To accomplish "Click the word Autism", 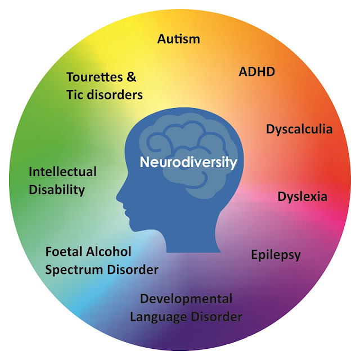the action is pyautogui.click(x=178, y=39).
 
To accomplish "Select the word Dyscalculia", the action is pyautogui.click(x=299, y=129).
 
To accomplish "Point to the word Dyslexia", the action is pyautogui.click(x=302, y=197).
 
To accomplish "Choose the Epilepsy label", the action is pyautogui.click(x=276, y=255).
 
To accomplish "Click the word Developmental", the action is pyautogui.click(x=186, y=299).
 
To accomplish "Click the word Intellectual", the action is pyautogui.click(x=62, y=172).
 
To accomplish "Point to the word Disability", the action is pyautogui.click(x=56, y=190).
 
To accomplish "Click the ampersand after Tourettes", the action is pyautogui.click(x=134, y=76).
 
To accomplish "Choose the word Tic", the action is pyautogui.click(x=74, y=94).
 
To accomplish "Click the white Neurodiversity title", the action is pyautogui.click(x=188, y=163).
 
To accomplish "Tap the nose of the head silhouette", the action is pyautogui.click(x=119, y=197).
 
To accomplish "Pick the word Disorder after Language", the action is pyautogui.click(x=217, y=317).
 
